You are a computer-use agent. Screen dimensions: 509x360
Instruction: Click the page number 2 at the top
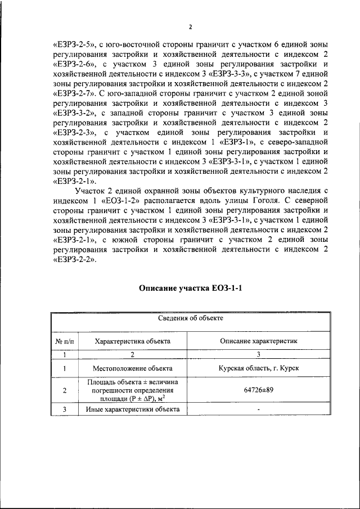[191, 26]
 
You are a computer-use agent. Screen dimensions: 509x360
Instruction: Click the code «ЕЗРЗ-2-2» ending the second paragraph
[73, 262]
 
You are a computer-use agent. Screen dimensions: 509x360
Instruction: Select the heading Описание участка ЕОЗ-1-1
[191, 289]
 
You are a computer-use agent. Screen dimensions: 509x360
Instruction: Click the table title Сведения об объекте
[191, 318]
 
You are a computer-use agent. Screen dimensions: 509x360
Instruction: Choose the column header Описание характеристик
[258, 341]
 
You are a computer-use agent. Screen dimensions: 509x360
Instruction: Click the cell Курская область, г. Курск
[258, 368]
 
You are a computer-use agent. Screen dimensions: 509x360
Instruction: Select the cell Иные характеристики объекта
[133, 410]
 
